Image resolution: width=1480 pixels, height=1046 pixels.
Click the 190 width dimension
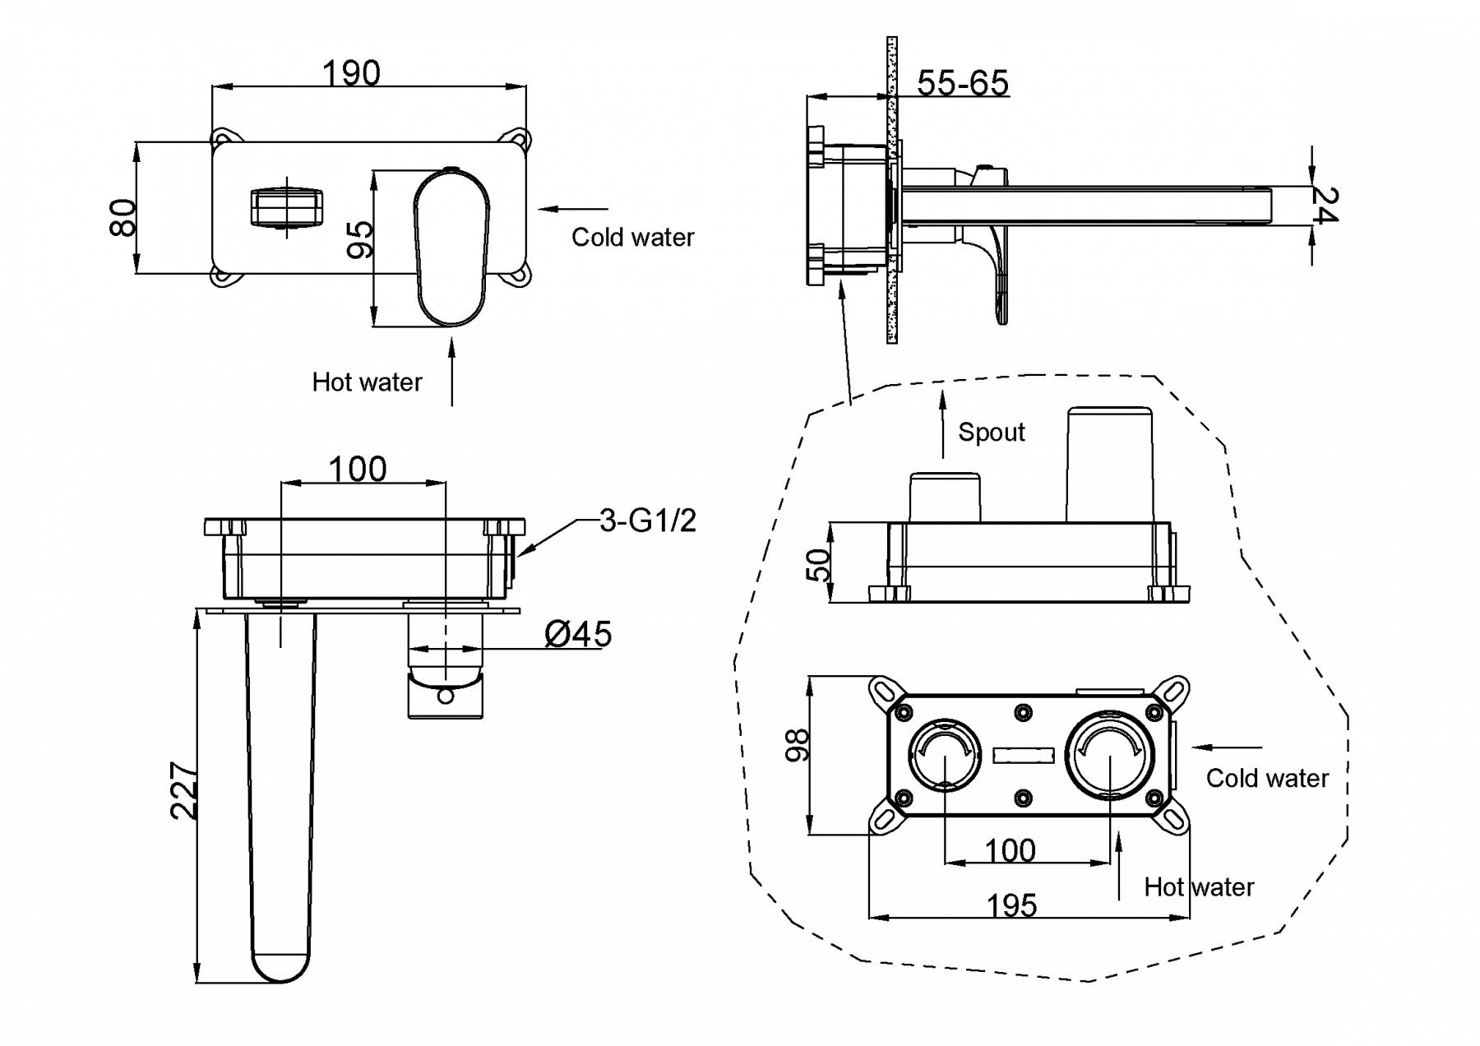pos(351,74)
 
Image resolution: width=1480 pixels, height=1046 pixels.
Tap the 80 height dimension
pos(123,217)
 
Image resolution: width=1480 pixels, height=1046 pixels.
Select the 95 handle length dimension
pos(360,239)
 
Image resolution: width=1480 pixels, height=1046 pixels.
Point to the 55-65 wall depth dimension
pos(962,83)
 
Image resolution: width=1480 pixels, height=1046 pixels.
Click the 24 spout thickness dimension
pos(1324,206)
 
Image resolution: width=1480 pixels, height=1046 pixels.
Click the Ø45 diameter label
pos(578,634)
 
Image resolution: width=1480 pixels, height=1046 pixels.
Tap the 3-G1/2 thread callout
pos(647,521)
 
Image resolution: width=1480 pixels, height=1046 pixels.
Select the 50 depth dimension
pos(819,566)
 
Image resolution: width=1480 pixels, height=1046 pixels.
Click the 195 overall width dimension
pos(1011,905)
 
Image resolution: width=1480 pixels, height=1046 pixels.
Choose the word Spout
pos(992,433)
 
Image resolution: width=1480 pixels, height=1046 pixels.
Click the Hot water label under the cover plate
pos(367,382)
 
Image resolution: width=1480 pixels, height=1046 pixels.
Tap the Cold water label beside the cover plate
pos(632,238)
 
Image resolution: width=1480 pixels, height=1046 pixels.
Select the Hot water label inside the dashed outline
pos(1199,887)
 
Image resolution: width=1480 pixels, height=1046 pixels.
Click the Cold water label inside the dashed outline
pos(1267,779)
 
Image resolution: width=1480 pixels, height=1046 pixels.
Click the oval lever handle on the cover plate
pos(451,247)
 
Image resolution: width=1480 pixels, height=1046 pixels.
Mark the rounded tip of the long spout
pos(280,966)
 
